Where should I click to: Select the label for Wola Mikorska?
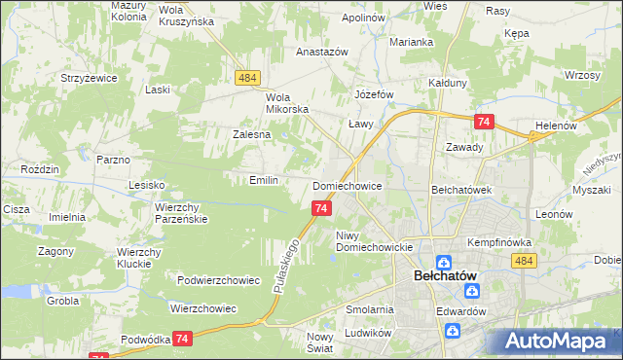[287, 102]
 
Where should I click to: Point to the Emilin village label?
[264, 180]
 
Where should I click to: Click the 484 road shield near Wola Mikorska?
[246, 77]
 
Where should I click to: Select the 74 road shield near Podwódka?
[182, 338]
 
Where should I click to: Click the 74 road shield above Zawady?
[483, 122]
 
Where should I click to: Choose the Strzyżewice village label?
[89, 76]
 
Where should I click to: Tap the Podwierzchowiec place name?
[219, 280]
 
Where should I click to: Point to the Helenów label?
[557, 126]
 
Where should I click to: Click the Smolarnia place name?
[369, 309]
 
